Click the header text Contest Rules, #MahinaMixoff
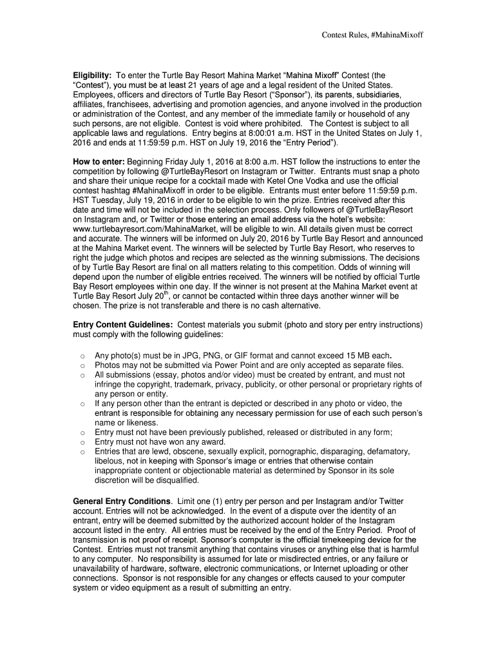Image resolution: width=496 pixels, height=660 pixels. coord(372,34)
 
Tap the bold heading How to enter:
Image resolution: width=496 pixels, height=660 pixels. coord(99,161)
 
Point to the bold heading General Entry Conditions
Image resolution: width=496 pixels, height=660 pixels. coord(122,501)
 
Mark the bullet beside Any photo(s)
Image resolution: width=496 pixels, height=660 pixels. coord(81,356)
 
